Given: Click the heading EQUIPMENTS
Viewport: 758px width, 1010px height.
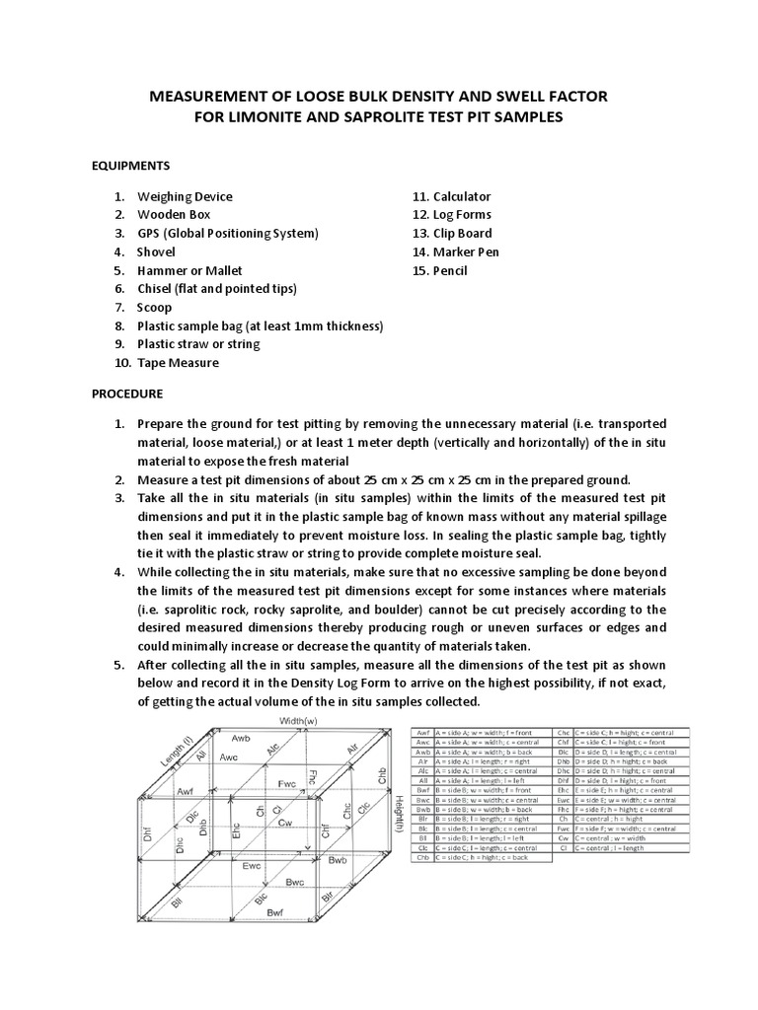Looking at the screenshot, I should coord(131,165).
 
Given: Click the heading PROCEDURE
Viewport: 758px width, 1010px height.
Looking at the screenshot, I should coord(127,393).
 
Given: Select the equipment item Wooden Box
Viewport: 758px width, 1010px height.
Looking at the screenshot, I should coord(174,214).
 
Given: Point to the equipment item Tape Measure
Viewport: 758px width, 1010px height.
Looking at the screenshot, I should coord(178,362).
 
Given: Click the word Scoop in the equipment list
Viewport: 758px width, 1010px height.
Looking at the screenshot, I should coord(154,307).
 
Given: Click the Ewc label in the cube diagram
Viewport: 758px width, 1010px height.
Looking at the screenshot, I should coord(252,866).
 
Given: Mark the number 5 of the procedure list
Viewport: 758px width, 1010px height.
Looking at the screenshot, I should coord(118,665).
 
